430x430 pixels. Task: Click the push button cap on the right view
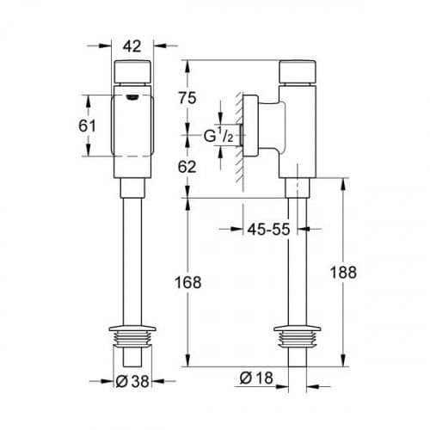298,71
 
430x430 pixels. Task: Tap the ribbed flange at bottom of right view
298,336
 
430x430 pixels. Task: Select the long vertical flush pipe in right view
298,258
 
